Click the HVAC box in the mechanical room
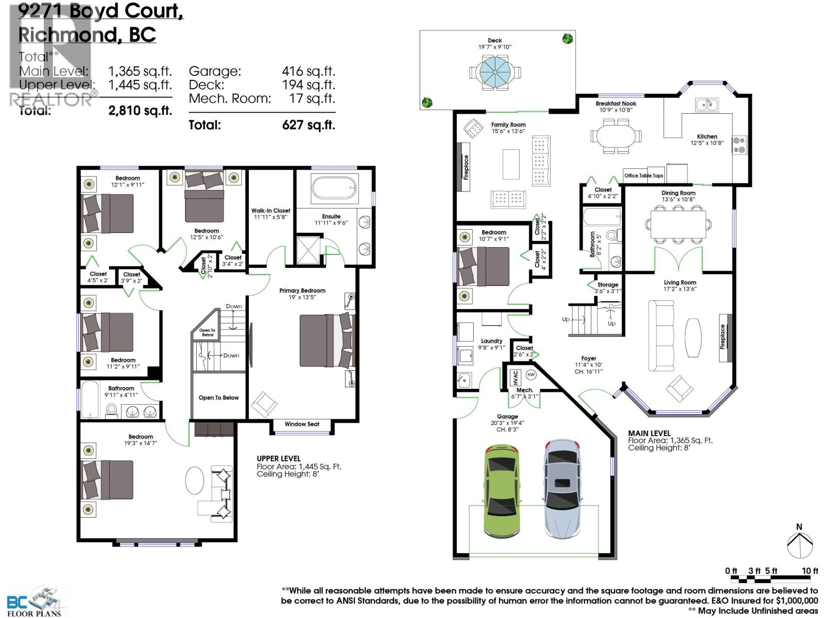516,377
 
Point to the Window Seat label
302,424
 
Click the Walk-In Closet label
271,211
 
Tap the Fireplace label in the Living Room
723,337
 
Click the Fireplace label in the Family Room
466,167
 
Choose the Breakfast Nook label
616,104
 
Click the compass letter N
799,527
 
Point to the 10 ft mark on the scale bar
810,571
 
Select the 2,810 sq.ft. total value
140,110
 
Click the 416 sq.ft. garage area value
308,71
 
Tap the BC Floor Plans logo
34,600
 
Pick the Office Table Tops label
644,176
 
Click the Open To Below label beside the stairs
219,398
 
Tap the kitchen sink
707,105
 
